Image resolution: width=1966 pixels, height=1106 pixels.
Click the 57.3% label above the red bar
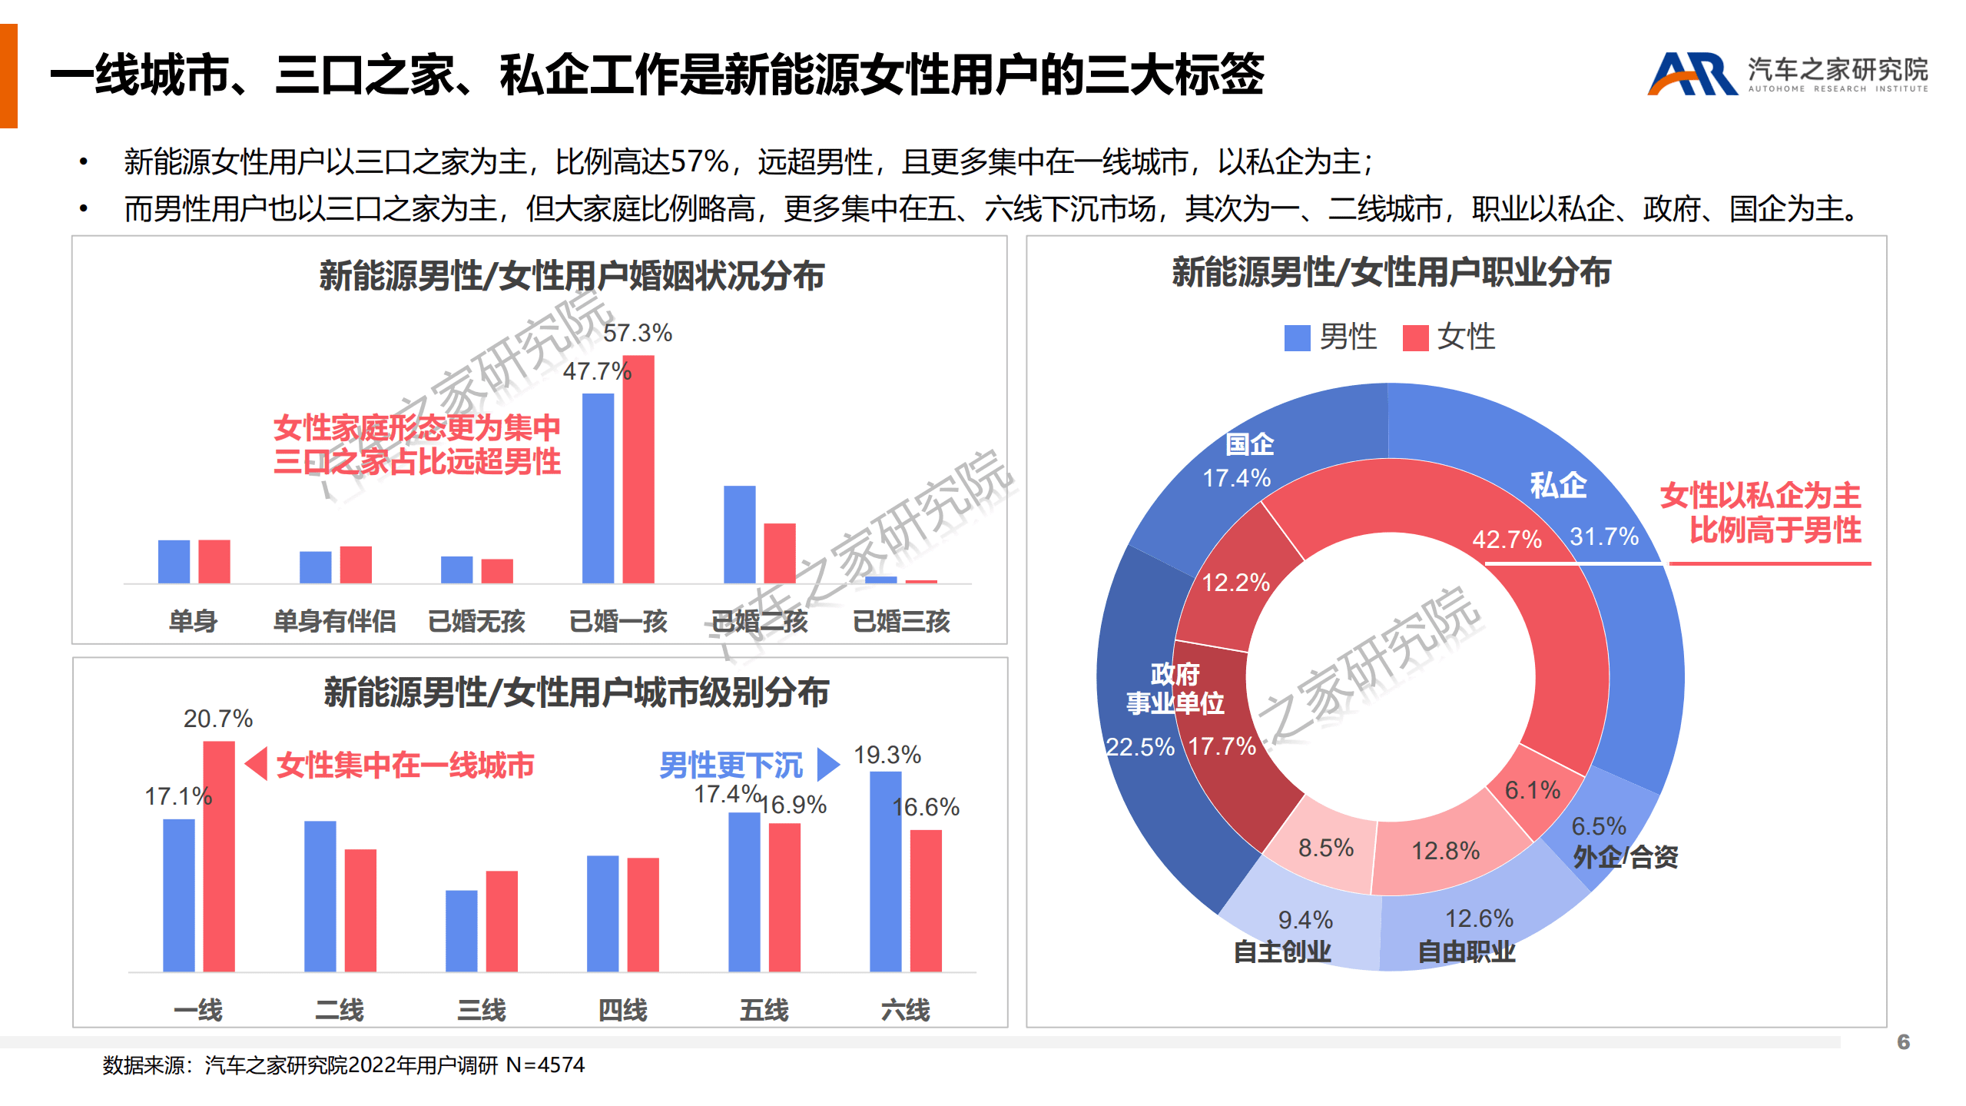coord(637,333)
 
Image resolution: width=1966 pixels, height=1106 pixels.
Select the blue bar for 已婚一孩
coord(598,488)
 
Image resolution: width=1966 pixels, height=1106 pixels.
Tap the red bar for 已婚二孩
coord(779,553)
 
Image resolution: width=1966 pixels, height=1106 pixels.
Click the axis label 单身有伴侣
coord(334,620)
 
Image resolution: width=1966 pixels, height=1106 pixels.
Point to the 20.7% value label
coord(217,719)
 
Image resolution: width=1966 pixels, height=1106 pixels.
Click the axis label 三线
coord(481,1009)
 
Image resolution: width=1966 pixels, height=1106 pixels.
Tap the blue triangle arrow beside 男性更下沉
coord(827,764)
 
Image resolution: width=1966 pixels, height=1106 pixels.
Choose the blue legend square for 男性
coord(1297,337)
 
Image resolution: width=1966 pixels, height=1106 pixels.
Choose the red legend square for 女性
coord(1415,337)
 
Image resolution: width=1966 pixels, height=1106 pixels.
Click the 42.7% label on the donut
coord(1506,540)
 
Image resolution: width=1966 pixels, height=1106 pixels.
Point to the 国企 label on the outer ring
coord(1248,443)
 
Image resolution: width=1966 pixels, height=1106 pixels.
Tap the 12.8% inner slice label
coord(1445,851)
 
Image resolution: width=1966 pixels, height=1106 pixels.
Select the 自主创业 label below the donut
coord(1281,952)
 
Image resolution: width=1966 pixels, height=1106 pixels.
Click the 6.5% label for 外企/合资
coord(1598,826)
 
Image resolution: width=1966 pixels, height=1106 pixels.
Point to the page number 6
coord(1903,1041)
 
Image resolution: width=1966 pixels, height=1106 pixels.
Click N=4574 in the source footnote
coord(545,1065)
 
